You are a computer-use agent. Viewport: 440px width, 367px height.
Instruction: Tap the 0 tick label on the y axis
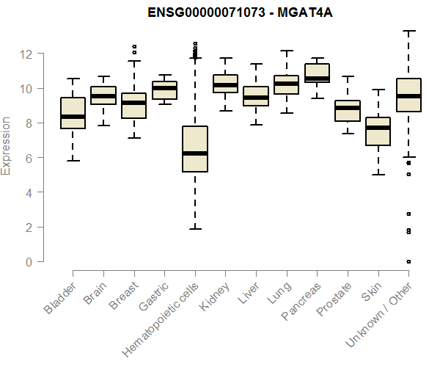point(28,262)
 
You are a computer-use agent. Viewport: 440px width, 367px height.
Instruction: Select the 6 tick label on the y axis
point(28,158)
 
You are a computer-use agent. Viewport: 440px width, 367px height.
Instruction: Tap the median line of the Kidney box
point(225,85)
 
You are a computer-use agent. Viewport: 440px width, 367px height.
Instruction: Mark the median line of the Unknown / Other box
point(408,96)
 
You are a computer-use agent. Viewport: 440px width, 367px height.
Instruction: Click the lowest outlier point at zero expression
point(408,261)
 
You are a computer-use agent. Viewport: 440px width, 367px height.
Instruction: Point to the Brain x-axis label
point(97,294)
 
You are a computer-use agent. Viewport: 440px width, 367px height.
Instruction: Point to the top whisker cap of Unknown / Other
point(408,31)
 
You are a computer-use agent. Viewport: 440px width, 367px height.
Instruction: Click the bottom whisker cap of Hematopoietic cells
point(195,229)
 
